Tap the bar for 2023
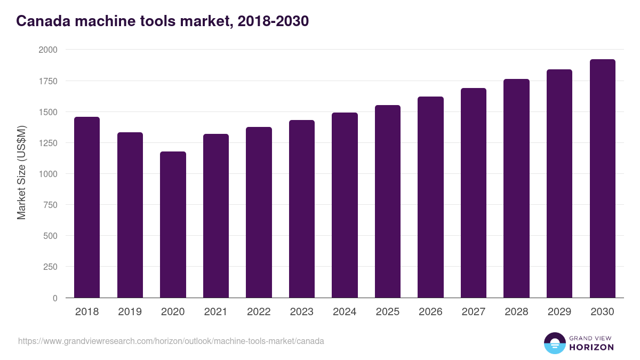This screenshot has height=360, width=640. pos(302,209)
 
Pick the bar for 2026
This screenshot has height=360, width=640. pos(430,197)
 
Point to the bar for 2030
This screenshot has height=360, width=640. pos(602,178)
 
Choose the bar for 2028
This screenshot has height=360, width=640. pos(516,188)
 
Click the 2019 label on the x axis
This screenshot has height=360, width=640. pos(130,312)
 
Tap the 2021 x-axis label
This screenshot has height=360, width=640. pos(216,312)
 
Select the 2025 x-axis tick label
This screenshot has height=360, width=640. pos(388,312)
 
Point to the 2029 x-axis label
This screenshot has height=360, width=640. pos(559,312)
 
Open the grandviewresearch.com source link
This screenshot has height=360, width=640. pos(171,341)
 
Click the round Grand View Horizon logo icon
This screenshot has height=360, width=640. pos(555,343)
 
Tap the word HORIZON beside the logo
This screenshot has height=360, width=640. pos(592,347)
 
